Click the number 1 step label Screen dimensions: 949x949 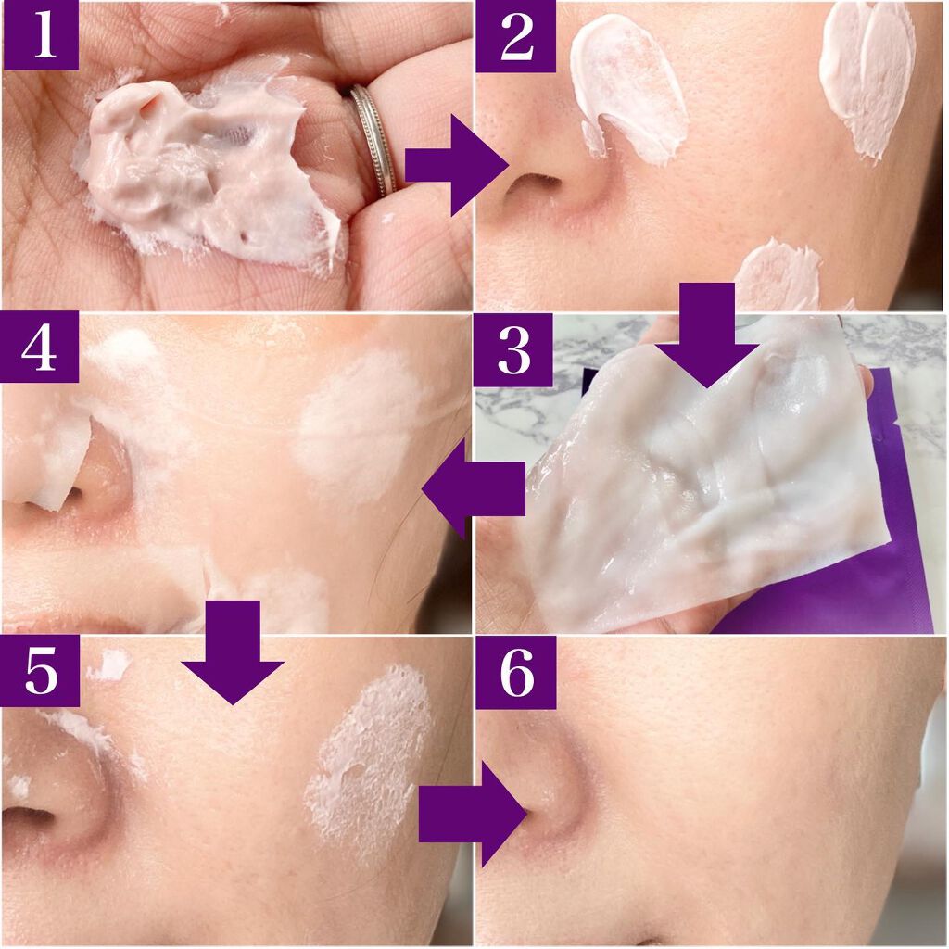click(x=41, y=34)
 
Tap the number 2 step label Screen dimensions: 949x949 click(x=515, y=36)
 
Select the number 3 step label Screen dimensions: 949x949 click(x=513, y=349)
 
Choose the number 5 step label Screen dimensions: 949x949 click(x=40, y=671)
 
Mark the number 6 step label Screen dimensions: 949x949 click(x=515, y=672)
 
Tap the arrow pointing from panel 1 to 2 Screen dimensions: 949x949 click(x=456, y=165)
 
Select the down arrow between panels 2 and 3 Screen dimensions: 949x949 click(x=706, y=335)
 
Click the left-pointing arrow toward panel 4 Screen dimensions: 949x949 click(x=474, y=488)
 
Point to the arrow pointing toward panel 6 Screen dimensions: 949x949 click(x=473, y=814)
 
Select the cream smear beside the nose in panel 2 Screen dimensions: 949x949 click(x=626, y=84)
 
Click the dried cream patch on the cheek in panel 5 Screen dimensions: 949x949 click(x=369, y=760)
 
